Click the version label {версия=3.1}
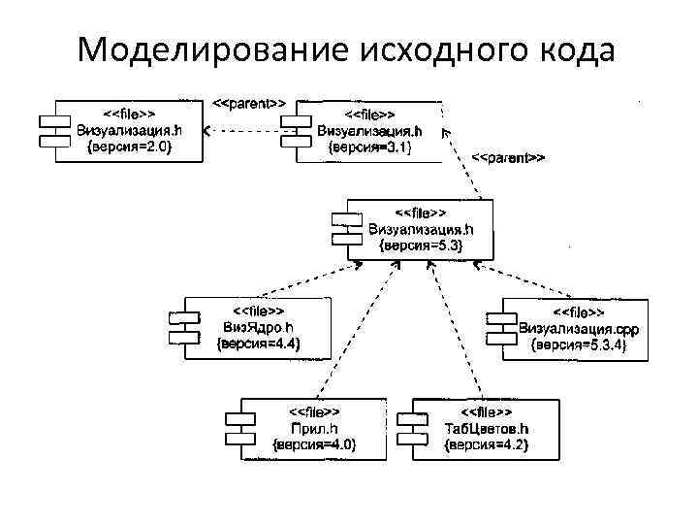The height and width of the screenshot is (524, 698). click(x=369, y=147)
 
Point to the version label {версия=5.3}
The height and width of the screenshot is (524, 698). click(x=421, y=246)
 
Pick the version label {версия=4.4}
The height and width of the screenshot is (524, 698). click(x=258, y=344)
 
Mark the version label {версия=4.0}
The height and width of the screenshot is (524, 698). click(x=313, y=445)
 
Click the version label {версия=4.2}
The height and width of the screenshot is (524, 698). click(x=486, y=445)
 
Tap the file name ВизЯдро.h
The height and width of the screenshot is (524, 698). click(x=258, y=327)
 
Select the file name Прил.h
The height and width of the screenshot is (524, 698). click(x=313, y=429)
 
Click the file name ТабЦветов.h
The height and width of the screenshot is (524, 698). click(x=486, y=429)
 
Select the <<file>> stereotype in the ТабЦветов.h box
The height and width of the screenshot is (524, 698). click(x=486, y=412)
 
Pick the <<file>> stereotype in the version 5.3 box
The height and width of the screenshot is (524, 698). click(x=421, y=213)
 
